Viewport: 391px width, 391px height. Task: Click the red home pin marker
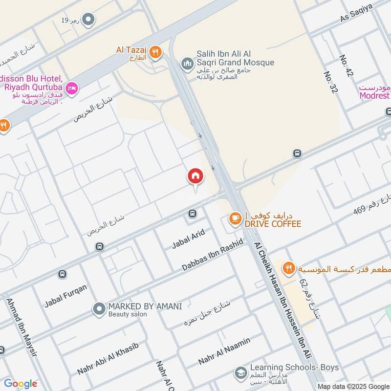[x=195, y=177]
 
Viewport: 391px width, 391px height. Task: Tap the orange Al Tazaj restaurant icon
[x=155, y=52]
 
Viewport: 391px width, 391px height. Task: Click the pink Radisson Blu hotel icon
[x=72, y=88]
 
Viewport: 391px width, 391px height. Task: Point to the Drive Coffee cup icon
[x=236, y=219]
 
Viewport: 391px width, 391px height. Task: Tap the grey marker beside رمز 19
[x=88, y=20]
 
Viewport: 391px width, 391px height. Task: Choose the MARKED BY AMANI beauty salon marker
[x=99, y=309]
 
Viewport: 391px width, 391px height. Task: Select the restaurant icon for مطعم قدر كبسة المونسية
[x=289, y=268]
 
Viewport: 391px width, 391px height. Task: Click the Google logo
[x=21, y=384]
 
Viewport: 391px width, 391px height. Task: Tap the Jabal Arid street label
[x=188, y=240]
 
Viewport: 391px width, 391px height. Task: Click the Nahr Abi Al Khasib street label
[x=108, y=359]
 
